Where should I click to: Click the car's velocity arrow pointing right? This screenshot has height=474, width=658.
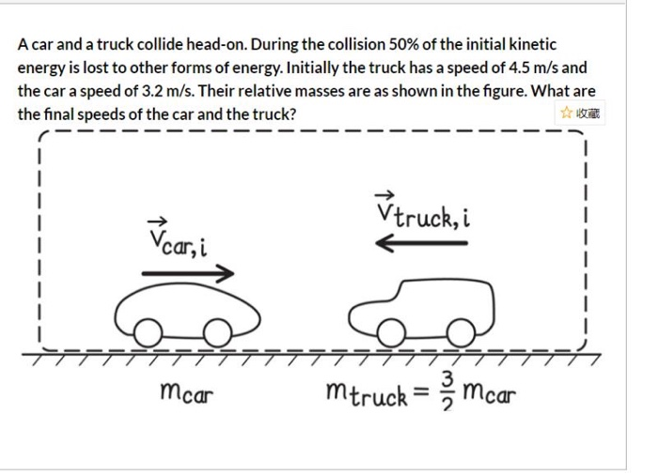point(186,274)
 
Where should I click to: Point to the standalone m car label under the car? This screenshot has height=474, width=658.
point(188,392)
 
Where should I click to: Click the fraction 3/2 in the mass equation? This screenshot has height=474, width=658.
point(447,390)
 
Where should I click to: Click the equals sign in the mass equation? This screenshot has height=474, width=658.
point(422,391)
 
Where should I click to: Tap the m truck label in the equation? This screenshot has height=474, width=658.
point(367,391)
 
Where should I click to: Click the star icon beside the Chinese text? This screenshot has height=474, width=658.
point(566,113)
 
